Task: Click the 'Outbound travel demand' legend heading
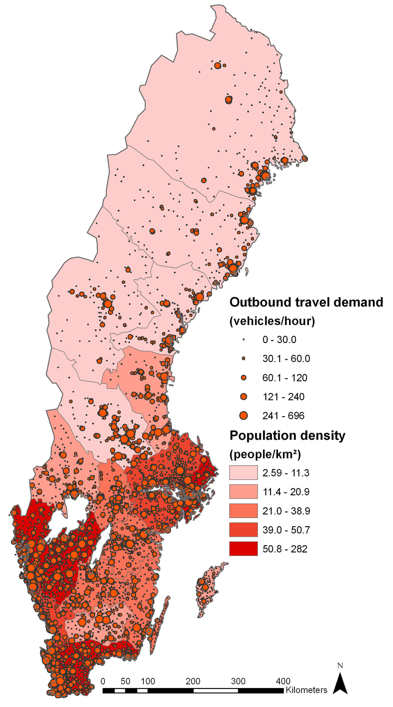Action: [307, 302]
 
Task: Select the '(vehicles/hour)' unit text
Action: [272, 321]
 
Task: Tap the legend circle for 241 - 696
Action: [244, 415]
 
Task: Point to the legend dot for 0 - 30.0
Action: [244, 340]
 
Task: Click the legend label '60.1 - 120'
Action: [285, 378]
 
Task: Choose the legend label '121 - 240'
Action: [283, 397]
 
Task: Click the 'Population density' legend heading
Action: [288, 436]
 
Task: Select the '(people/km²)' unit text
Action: [265, 455]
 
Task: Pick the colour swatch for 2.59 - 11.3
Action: [243, 473]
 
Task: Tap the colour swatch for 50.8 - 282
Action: [243, 549]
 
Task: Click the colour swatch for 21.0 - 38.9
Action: [243, 511]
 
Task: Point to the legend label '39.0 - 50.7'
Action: [286, 530]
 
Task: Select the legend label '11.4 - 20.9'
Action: [286, 492]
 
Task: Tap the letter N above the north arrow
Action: [340, 666]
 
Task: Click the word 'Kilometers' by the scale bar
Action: [307, 690]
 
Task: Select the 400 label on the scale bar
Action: [283, 681]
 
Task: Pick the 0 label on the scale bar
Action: [103, 681]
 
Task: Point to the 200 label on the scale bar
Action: [193, 681]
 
